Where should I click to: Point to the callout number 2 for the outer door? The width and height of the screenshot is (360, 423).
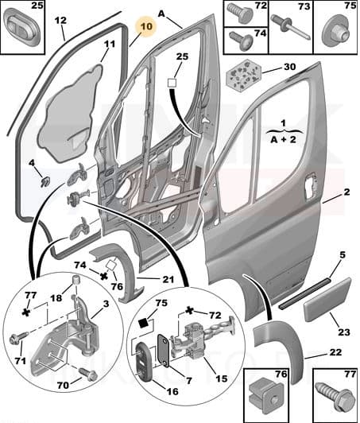coord(347,193)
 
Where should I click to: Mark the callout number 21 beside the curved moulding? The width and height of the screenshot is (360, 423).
coord(168,278)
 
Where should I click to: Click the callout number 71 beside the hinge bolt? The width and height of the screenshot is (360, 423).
coord(17,362)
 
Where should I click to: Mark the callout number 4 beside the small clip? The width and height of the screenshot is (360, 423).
coord(33,165)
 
